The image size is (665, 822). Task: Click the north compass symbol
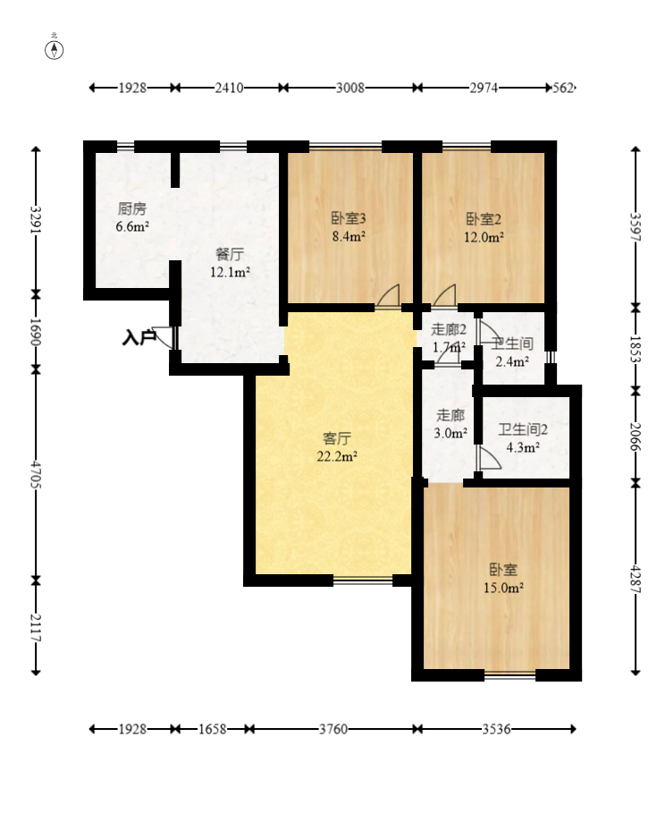54,50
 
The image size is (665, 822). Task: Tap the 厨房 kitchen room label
132,209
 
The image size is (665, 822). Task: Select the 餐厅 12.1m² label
230,263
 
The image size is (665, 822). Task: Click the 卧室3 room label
349,218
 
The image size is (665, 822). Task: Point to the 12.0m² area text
484,237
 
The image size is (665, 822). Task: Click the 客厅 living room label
337,438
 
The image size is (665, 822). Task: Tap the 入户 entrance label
139,337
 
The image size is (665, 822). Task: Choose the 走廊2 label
449,330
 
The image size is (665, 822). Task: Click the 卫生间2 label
523,430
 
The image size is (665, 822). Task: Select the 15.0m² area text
503,589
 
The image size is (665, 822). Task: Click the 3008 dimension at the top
350,88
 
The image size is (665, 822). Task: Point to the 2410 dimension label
229,88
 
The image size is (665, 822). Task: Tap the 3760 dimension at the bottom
333,729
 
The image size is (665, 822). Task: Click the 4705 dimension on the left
36,474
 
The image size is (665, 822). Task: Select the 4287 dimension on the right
636,579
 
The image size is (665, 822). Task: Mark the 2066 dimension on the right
636,436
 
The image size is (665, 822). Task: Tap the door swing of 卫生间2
489,458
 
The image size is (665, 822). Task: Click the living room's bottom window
363,580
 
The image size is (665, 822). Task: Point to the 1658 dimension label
212,729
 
